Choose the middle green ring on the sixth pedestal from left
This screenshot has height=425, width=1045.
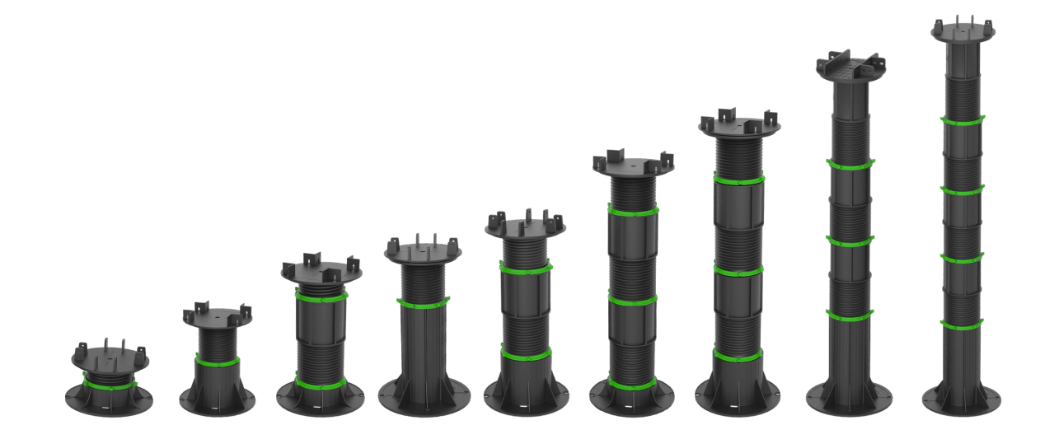632,301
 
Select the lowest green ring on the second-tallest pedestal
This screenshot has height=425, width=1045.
851,315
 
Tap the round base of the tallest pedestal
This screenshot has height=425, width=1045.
962,403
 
